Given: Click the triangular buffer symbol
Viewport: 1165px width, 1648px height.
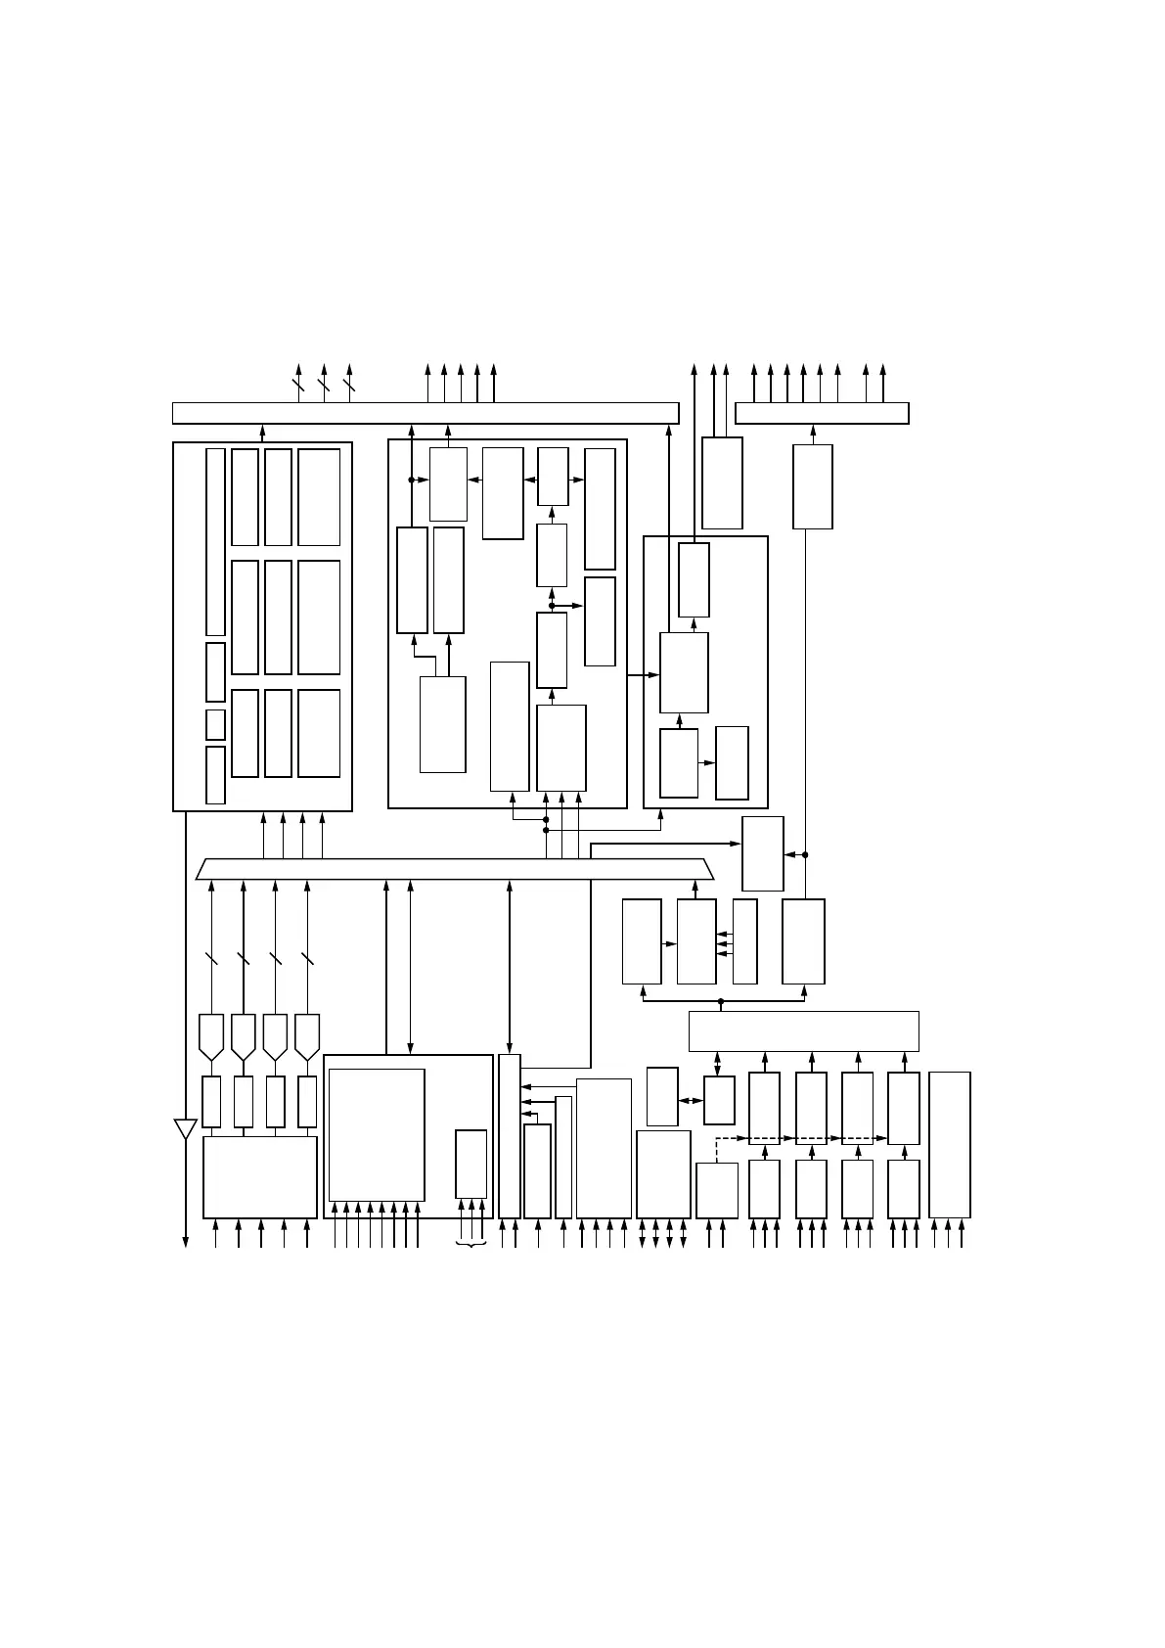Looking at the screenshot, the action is point(185,1129).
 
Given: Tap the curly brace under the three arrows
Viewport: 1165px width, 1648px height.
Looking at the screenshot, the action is point(471,1245).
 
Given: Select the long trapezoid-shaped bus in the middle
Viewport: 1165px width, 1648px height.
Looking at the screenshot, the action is point(455,869).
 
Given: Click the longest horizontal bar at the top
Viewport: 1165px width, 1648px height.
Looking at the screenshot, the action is point(426,413).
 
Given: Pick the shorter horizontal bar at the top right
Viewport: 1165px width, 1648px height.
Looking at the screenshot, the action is point(822,413).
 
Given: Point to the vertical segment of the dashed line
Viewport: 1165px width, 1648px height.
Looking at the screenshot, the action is point(717,1150).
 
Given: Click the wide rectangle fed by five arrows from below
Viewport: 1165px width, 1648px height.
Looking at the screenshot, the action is point(259,1176).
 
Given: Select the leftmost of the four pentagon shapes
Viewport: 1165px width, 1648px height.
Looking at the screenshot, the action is point(211,1036).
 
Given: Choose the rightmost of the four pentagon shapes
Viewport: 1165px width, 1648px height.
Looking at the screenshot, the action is point(307,1036).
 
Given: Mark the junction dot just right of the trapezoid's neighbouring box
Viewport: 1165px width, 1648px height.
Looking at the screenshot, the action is point(805,854).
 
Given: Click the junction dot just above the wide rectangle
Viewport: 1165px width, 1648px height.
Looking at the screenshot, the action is point(721,1001).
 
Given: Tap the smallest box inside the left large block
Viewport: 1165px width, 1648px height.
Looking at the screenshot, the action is point(215,724).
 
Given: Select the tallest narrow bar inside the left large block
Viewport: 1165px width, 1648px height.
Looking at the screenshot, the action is point(215,542).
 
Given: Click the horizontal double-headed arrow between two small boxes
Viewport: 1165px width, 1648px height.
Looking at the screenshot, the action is point(691,1101).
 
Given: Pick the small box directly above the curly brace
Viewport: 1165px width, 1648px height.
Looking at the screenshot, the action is point(470,1164).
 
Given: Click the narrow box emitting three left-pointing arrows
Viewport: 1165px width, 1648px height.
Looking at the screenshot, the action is point(744,941).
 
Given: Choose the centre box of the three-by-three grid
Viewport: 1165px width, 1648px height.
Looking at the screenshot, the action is point(278,618).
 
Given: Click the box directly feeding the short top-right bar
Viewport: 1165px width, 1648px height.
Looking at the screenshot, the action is point(812,486).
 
